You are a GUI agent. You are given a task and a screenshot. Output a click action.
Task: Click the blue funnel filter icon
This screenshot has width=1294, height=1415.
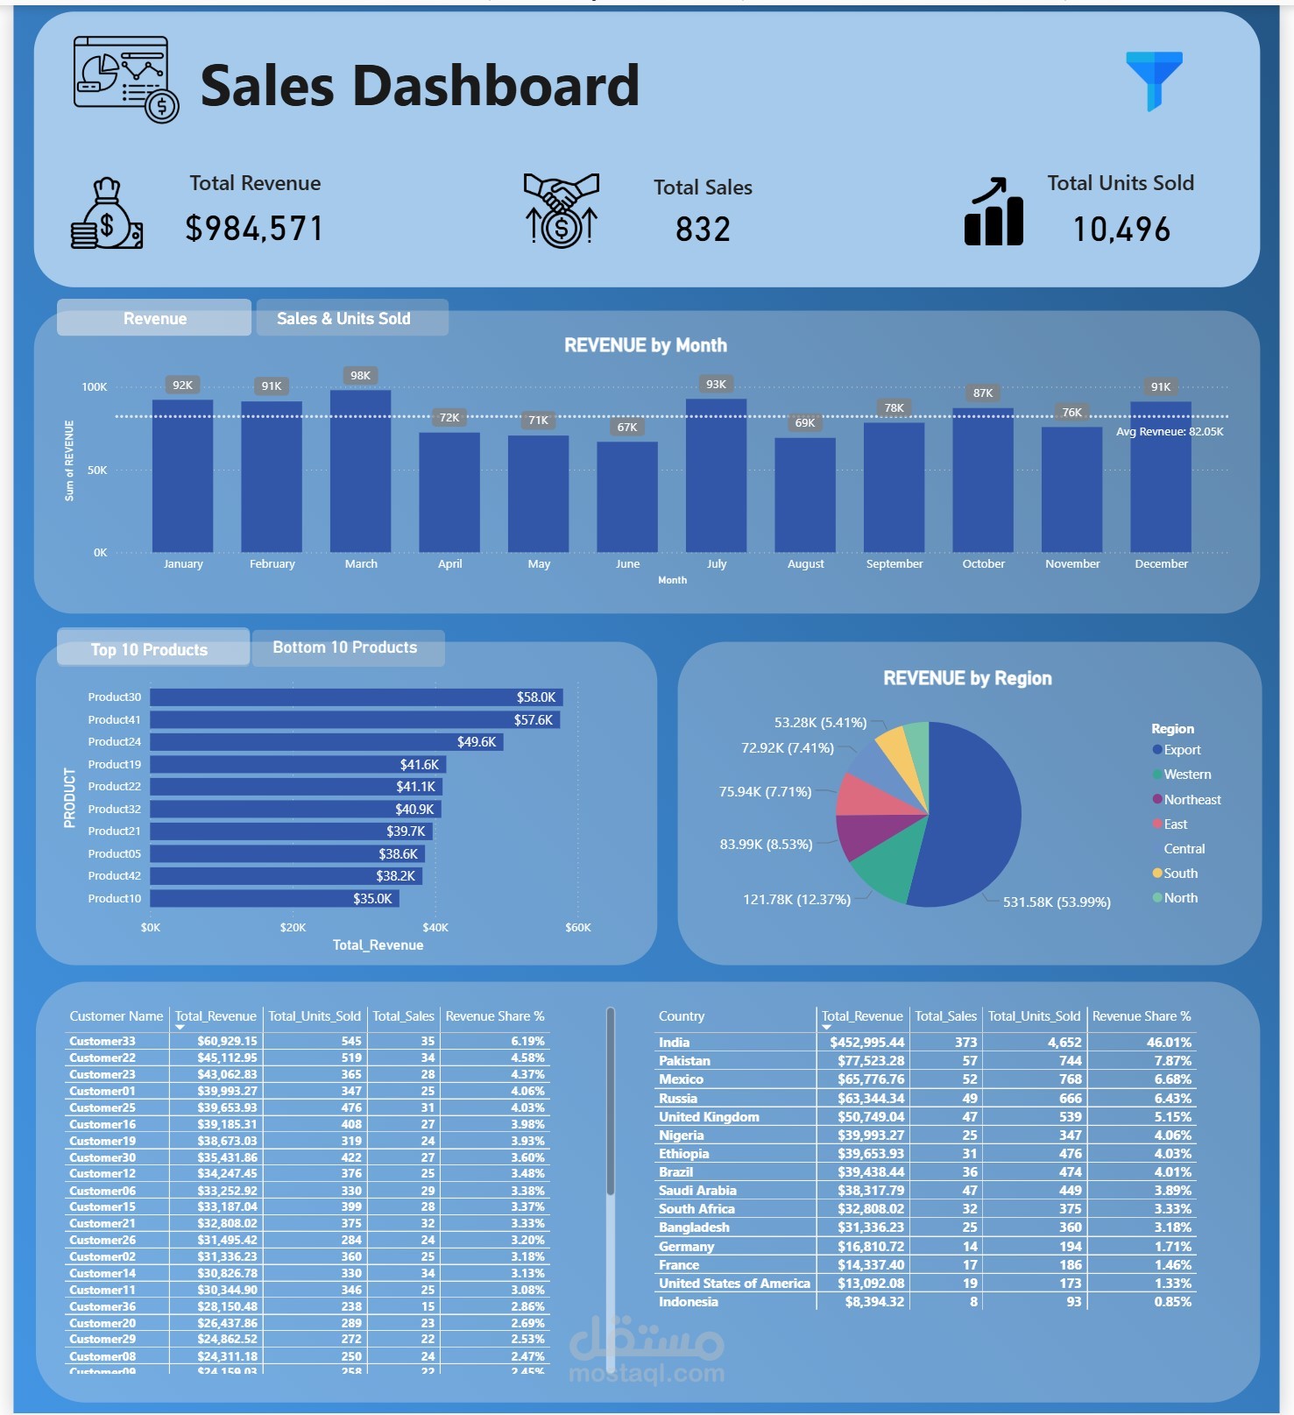1154,79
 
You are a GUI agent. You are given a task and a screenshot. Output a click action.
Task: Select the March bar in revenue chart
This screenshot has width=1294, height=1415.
360,473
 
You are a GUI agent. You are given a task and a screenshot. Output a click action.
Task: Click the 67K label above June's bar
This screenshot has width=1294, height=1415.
627,428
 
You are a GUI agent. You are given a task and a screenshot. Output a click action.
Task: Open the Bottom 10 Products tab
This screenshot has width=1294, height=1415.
345,648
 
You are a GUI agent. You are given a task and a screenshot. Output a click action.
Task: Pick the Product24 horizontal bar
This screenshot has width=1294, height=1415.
326,742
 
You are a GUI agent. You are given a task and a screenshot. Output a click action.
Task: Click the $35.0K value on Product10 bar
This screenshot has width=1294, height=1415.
372,899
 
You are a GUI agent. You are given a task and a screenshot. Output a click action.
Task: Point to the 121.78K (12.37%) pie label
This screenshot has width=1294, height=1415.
796,900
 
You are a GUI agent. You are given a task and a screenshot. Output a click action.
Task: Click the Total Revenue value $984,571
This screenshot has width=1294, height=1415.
254,229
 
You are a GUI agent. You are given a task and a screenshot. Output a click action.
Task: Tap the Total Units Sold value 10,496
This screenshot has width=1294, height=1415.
1121,230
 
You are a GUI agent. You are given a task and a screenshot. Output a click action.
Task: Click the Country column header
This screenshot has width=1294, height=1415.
682,1016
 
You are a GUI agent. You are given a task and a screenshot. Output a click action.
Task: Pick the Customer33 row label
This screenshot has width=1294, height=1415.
103,1042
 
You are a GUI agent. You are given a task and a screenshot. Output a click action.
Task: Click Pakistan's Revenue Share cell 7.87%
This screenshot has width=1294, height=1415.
1172,1061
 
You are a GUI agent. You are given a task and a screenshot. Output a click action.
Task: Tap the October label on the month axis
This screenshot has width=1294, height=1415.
983,564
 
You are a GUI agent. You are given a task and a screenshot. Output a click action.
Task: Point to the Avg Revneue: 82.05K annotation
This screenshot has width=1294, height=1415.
1170,432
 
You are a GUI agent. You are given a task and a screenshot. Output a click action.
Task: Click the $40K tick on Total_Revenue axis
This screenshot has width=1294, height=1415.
435,927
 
